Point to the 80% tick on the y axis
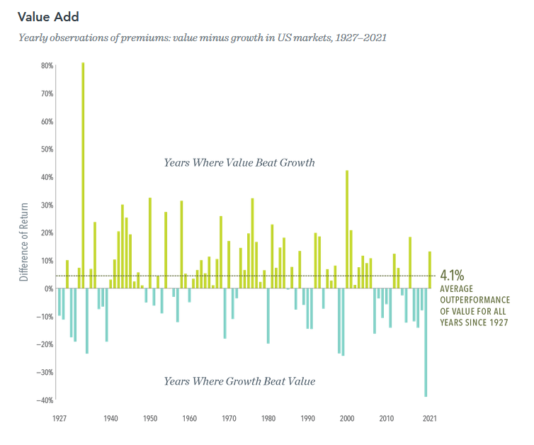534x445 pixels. tap(47, 66)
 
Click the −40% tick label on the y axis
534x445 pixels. tap(46, 400)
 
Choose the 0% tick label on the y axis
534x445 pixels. tap(49, 289)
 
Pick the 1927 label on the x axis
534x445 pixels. tap(59, 419)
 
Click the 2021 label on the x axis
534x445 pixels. tap(429, 419)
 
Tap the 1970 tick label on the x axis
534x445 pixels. tap(229, 419)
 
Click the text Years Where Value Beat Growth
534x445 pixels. tap(239, 162)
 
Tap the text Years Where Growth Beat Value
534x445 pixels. tap(239, 381)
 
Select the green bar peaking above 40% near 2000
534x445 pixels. tap(347, 229)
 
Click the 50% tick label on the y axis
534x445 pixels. tap(47, 150)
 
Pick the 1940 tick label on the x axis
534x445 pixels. tap(110, 419)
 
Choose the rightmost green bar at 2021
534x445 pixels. tap(430, 270)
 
